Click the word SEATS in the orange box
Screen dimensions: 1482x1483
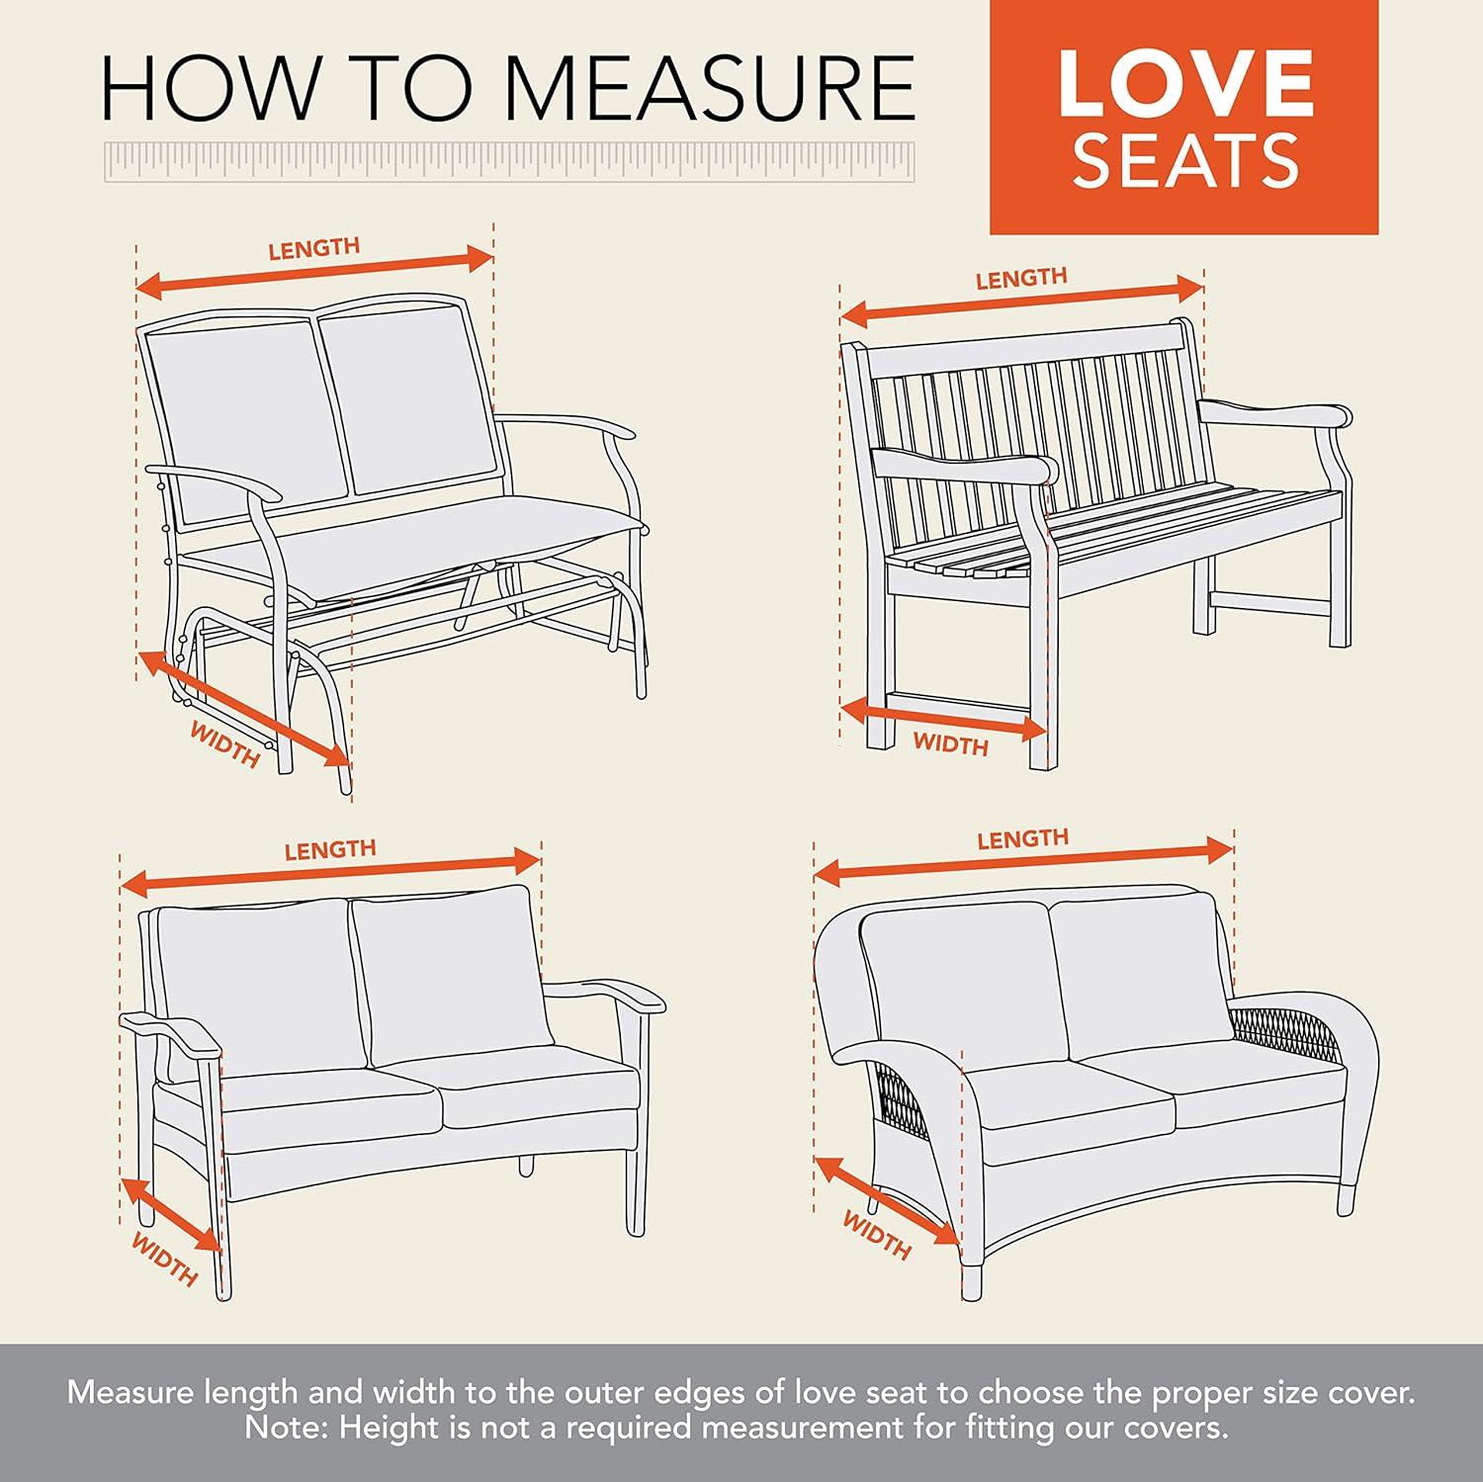(1184, 161)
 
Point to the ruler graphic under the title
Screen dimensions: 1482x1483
(509, 162)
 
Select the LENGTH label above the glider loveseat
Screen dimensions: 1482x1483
(313, 249)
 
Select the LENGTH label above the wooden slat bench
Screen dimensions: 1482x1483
(1020, 279)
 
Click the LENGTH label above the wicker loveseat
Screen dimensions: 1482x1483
(1022, 839)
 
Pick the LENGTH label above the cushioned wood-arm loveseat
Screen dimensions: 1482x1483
(330, 849)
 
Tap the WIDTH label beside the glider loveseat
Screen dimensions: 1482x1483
(224, 745)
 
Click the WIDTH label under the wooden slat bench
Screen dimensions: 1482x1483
(950, 743)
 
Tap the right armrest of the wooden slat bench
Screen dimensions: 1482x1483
(1275, 413)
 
